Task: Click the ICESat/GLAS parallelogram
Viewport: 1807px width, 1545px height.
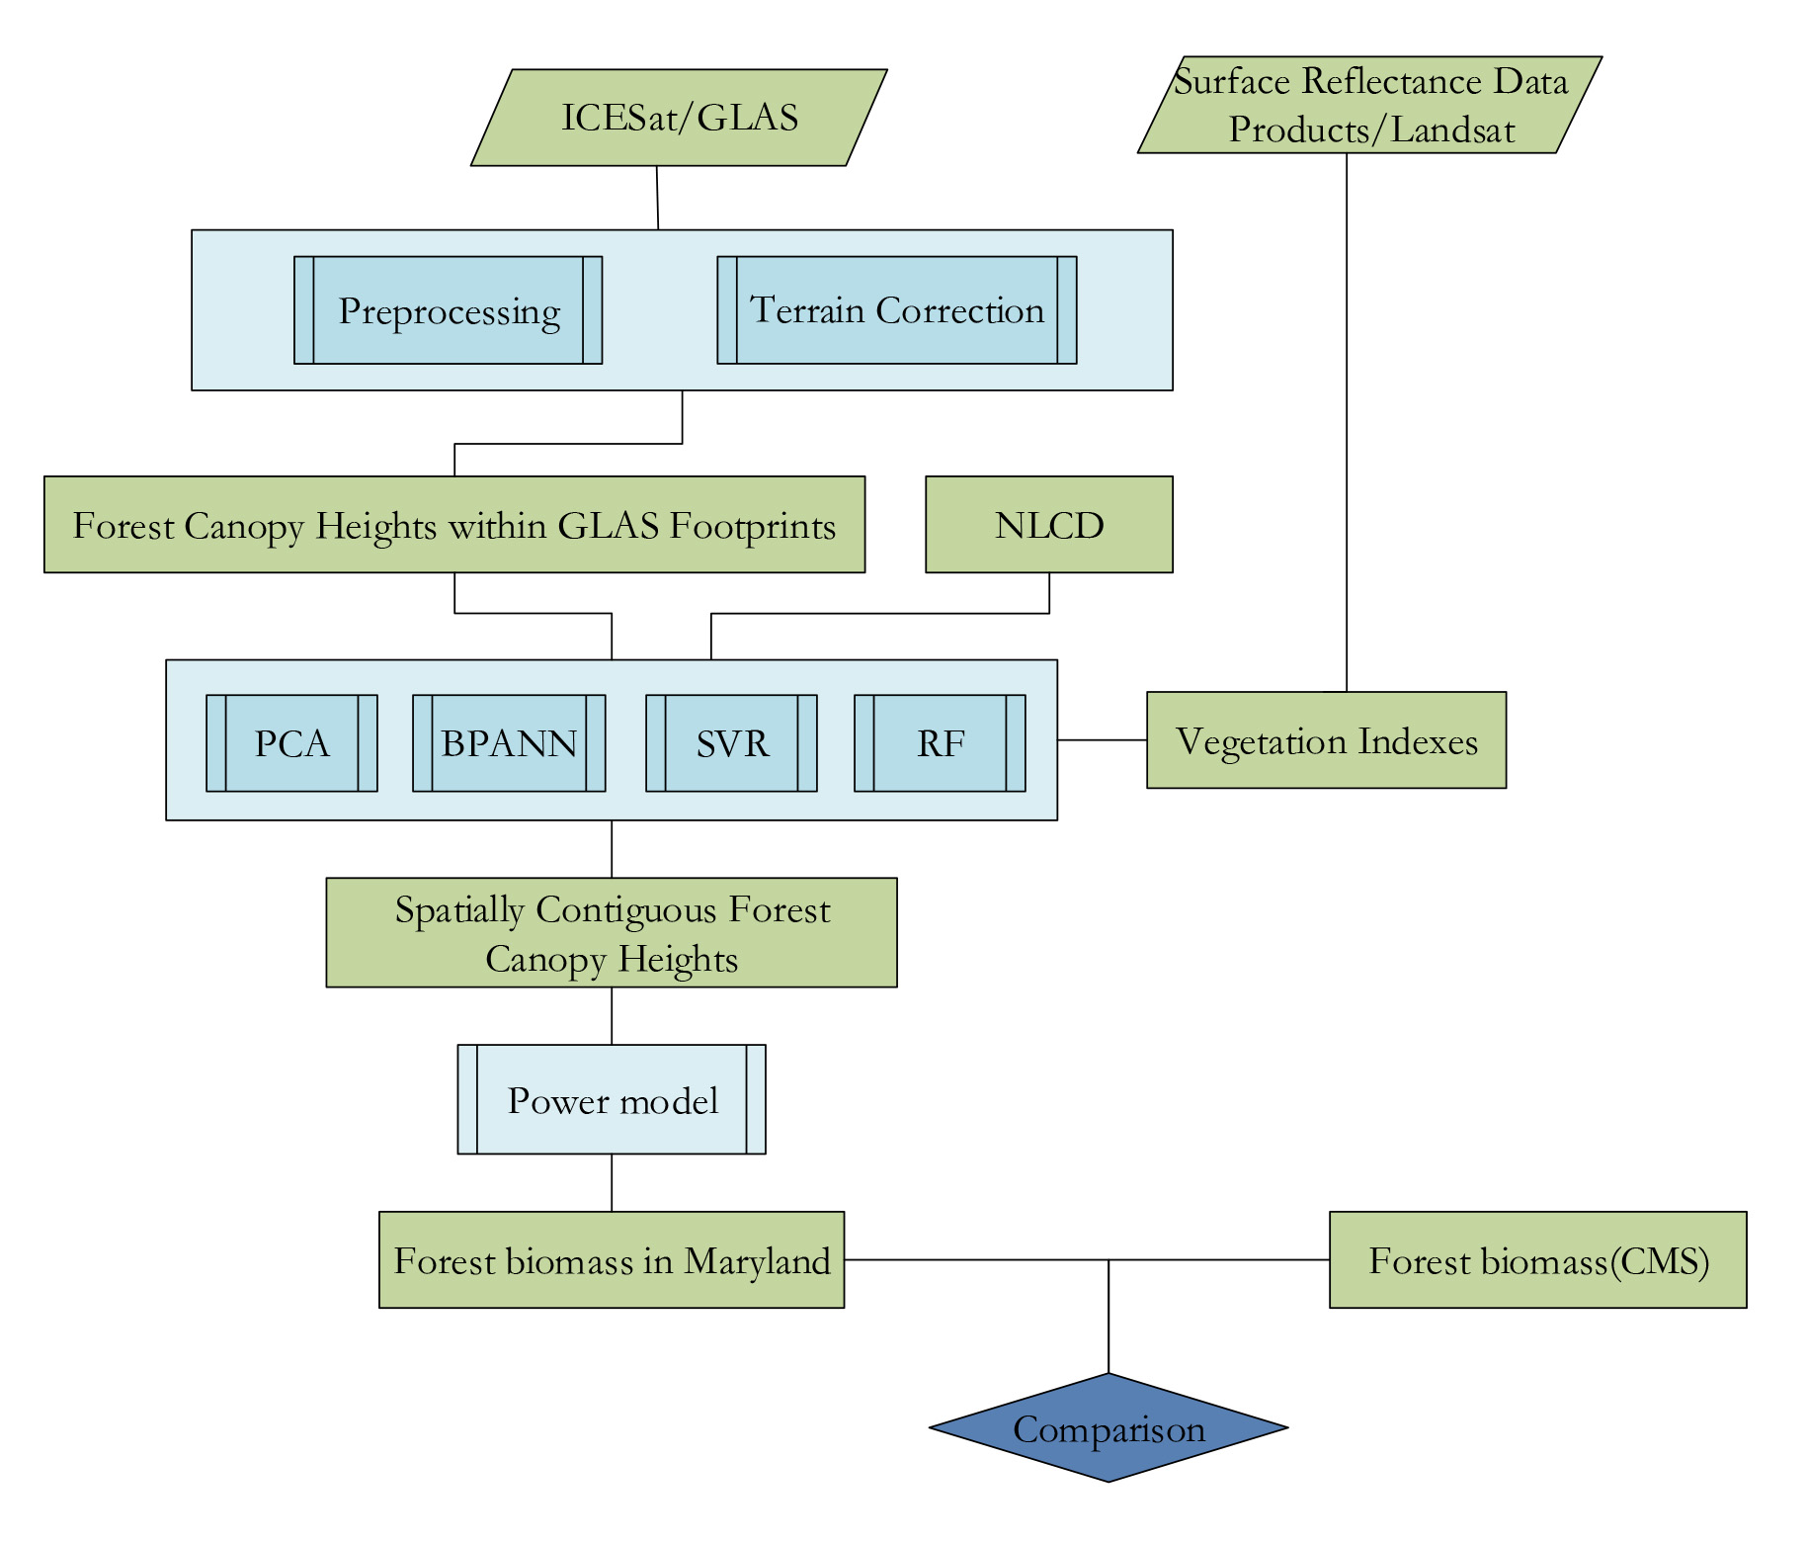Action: click(x=679, y=118)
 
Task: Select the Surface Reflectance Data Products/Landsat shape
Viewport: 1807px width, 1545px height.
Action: click(x=1369, y=105)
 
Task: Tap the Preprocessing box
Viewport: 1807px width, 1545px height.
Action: click(x=449, y=310)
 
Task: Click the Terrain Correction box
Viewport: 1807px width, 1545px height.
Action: click(x=896, y=310)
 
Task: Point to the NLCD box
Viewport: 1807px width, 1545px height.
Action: click(x=1048, y=525)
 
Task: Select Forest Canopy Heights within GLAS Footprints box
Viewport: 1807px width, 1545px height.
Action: click(x=454, y=525)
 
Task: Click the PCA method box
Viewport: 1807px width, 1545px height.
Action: click(x=291, y=743)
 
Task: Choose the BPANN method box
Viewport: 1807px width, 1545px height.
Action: click(x=509, y=743)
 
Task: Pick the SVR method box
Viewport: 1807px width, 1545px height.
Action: click(x=731, y=743)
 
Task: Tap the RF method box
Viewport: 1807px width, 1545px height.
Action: click(x=940, y=743)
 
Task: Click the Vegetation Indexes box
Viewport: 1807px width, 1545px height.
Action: click(x=1326, y=740)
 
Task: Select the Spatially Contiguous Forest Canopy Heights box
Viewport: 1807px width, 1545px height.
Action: click(x=612, y=932)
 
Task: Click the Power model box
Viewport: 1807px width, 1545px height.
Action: click(x=612, y=1099)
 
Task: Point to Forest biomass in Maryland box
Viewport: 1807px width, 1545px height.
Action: click(x=612, y=1260)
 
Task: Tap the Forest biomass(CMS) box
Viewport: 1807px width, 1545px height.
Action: click(x=1537, y=1260)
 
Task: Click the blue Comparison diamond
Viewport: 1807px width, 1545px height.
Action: click(x=1109, y=1427)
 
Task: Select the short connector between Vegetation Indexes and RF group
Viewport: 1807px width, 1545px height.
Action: click(x=1102, y=739)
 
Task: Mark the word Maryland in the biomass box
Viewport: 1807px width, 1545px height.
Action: click(x=757, y=1261)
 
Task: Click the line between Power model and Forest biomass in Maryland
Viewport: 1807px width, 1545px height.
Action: click(x=612, y=1182)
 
